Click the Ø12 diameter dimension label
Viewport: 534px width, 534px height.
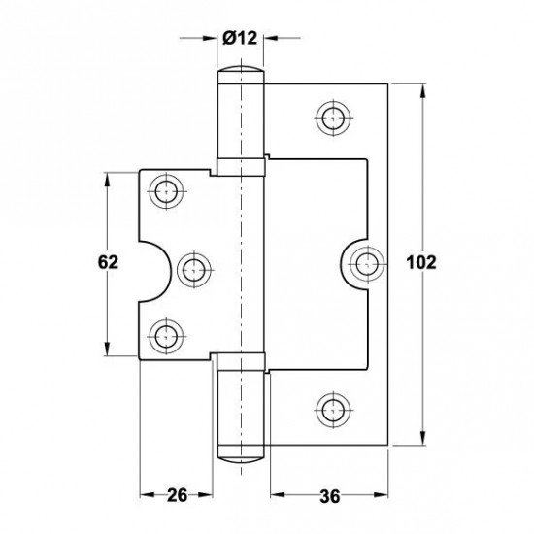pyautogui.click(x=240, y=38)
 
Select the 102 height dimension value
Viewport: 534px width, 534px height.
pyautogui.click(x=421, y=263)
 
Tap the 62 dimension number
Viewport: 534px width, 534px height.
pyautogui.click(x=108, y=262)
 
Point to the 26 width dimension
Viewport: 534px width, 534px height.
pyautogui.click(x=177, y=495)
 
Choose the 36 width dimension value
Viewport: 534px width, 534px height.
pyautogui.click(x=330, y=496)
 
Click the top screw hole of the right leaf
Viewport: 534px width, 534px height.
pyautogui.click(x=333, y=118)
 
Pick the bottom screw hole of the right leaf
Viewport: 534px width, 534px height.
pyautogui.click(x=333, y=410)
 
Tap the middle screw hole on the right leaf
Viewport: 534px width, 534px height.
pyautogui.click(x=367, y=264)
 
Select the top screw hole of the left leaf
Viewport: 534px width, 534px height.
pyautogui.click(x=166, y=191)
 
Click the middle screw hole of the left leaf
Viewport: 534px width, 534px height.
pyautogui.click(x=194, y=271)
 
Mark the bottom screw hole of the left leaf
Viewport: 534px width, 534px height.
pyautogui.click(x=166, y=337)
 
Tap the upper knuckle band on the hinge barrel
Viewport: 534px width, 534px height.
pyautogui.click(x=241, y=167)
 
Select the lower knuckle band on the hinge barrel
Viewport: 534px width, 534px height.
pyautogui.click(x=241, y=362)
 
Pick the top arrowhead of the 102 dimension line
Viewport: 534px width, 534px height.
pyautogui.click(x=422, y=91)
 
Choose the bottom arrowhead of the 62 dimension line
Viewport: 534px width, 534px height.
pyautogui.click(x=107, y=348)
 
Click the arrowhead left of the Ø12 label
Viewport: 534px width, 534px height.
pyautogui.click(x=209, y=38)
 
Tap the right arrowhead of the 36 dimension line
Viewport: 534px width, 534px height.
pyautogui.click(x=380, y=494)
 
